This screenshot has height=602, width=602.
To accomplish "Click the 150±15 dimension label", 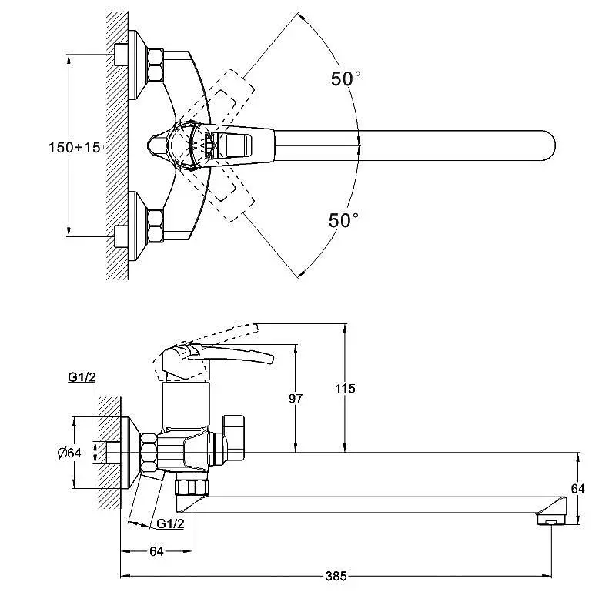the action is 74,148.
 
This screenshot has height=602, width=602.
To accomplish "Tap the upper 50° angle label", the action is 346,79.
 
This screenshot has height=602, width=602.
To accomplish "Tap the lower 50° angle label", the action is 343,220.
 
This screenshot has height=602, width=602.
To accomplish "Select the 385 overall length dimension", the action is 336,576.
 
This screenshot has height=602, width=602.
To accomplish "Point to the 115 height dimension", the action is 345,389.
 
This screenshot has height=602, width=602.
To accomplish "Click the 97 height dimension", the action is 296,399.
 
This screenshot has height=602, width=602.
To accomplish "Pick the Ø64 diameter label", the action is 69,453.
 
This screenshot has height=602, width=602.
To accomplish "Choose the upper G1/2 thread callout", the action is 82,377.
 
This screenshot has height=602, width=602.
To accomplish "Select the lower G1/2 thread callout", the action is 170,523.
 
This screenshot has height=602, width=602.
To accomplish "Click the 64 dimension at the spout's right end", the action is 578,489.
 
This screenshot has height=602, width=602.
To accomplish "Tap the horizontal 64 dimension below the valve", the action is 156,551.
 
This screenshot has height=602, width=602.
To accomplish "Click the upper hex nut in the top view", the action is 155,65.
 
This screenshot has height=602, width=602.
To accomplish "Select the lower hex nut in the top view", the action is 155,226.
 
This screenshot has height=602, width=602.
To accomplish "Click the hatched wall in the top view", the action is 117,146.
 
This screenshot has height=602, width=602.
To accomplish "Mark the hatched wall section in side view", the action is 109,453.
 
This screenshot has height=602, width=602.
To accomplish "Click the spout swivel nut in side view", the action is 192,487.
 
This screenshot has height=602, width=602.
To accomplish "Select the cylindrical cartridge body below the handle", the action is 186,405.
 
